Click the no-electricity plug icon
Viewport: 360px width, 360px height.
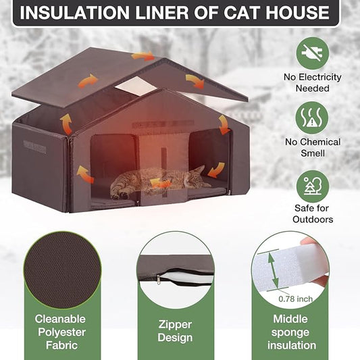312,53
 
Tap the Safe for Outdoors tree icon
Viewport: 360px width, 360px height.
312,186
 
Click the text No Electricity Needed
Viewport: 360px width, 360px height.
312,82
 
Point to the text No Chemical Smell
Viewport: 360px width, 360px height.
312,148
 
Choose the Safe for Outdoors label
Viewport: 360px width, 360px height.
312,214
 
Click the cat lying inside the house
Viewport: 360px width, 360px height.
159,180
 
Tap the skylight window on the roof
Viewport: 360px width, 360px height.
139,86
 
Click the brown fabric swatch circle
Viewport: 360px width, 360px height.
62,269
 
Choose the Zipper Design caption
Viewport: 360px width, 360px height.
176,331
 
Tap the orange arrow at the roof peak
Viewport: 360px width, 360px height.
143,57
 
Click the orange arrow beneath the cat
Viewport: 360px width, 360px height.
161,183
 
